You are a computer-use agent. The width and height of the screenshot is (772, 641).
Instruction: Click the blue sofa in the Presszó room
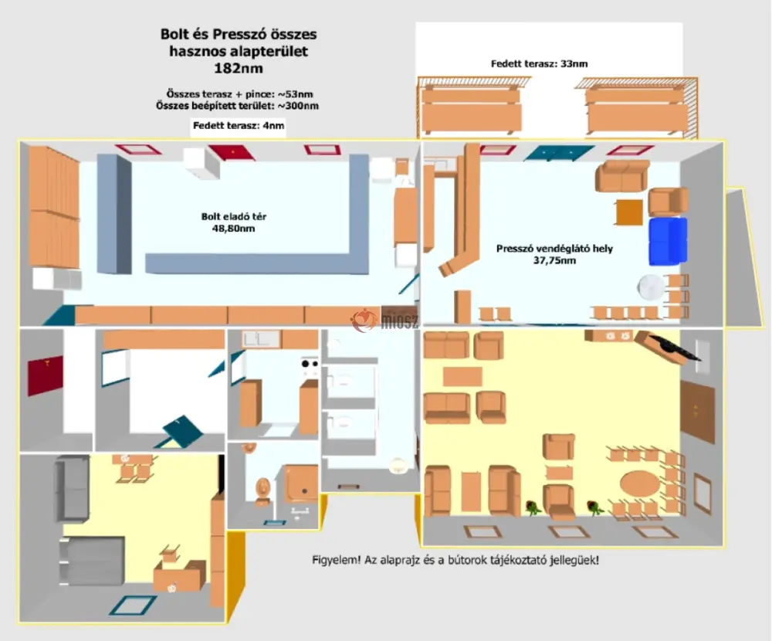(x=668, y=242)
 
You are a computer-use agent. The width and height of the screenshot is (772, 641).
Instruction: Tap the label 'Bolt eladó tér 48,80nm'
(x=234, y=222)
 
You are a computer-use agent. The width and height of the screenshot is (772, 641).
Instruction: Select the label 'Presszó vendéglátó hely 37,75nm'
(x=554, y=254)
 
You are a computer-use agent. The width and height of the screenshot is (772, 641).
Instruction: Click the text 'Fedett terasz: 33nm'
(x=539, y=63)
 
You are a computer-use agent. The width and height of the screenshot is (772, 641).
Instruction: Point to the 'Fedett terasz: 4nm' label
(x=239, y=126)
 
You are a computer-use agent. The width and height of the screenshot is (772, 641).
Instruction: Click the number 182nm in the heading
(x=239, y=68)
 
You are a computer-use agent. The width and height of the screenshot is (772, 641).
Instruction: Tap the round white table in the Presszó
(x=651, y=287)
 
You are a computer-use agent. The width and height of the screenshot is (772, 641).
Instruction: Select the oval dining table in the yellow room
(x=640, y=483)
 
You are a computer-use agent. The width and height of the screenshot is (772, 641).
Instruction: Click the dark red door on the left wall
(x=46, y=375)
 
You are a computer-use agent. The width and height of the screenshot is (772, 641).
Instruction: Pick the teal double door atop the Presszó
(x=559, y=153)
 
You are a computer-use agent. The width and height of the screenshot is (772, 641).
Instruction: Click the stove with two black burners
(x=310, y=366)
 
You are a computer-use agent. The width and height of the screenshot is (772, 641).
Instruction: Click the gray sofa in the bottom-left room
(x=72, y=488)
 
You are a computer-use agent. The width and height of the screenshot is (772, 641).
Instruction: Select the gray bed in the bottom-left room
(x=92, y=561)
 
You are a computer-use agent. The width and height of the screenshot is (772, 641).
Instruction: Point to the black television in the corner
(x=673, y=347)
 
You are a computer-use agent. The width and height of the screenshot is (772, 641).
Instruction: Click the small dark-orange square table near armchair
(x=630, y=212)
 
